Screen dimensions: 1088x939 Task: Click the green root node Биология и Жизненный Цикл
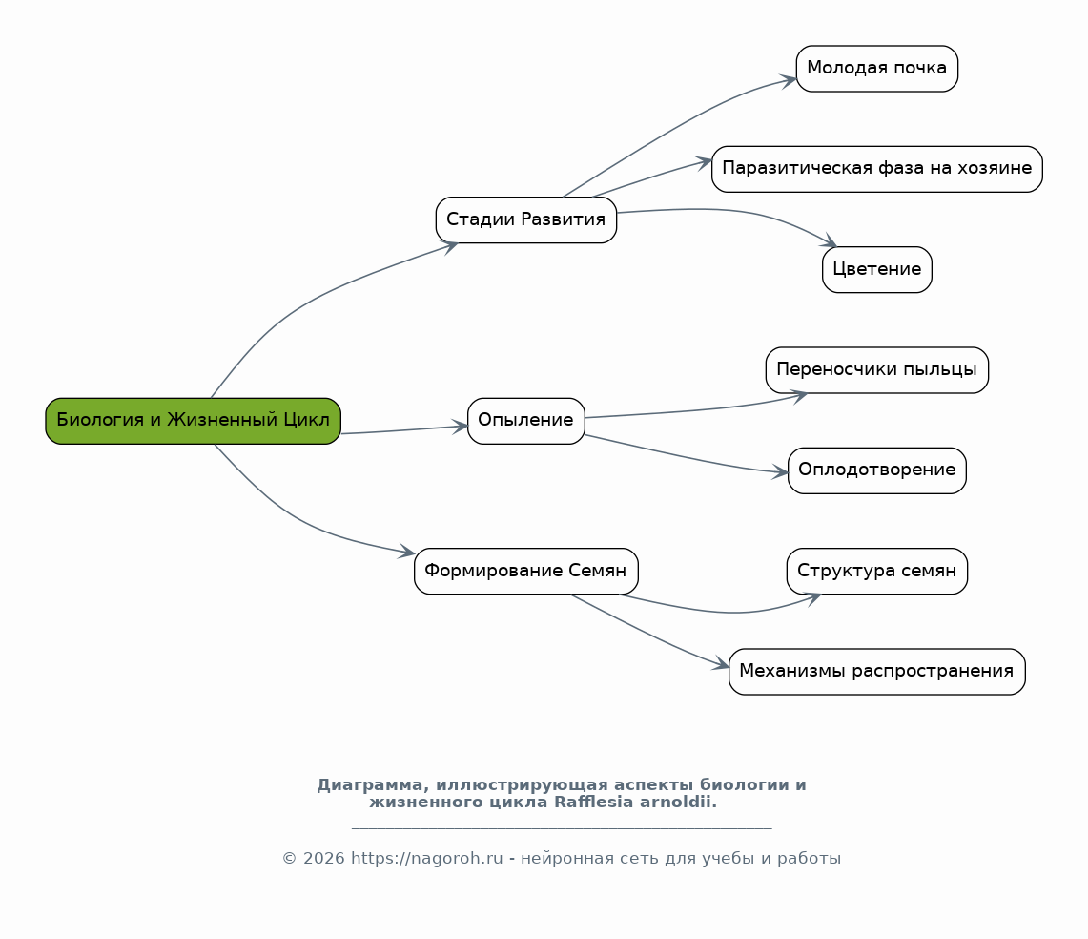pyautogui.click(x=193, y=421)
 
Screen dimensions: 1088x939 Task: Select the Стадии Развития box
pyautogui.click(x=526, y=220)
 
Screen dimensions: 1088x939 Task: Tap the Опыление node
pyautogui.click(x=526, y=421)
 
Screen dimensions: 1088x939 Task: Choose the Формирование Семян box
pyautogui.click(x=526, y=571)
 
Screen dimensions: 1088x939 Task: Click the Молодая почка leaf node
pyautogui.click(x=877, y=69)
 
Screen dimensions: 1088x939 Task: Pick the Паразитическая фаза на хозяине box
pyautogui.click(x=877, y=169)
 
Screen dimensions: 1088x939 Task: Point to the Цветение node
pyautogui.click(x=877, y=269)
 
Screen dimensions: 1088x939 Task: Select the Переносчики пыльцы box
pyautogui.click(x=877, y=370)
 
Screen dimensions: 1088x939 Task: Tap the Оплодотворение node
pyautogui.click(x=877, y=470)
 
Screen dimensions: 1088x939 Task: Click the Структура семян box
pyautogui.click(x=877, y=571)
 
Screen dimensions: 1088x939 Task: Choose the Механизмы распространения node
pyautogui.click(x=877, y=672)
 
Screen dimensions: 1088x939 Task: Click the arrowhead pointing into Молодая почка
pyautogui.click(x=789, y=81)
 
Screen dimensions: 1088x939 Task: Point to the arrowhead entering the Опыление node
pyautogui.click(x=460, y=427)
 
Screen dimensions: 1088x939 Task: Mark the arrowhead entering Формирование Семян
pyautogui.click(x=406, y=552)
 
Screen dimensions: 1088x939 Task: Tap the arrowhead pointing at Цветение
pyautogui.click(x=829, y=241)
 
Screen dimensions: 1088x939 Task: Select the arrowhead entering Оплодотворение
pyautogui.click(x=781, y=471)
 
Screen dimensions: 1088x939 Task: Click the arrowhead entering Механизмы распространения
pyautogui.click(x=721, y=664)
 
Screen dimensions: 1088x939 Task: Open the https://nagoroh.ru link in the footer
pyautogui.click(x=427, y=859)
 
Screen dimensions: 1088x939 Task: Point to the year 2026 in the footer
pyautogui.click(x=324, y=859)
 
